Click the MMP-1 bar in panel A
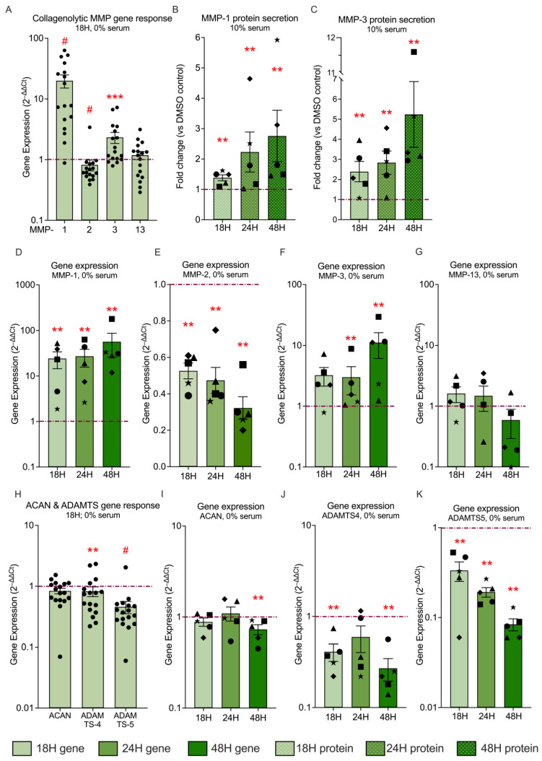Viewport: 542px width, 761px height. coord(64,150)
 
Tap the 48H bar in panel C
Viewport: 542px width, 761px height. coord(414,167)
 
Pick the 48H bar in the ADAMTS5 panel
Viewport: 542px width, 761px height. coord(513,666)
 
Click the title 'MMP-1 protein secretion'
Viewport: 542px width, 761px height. coord(250,18)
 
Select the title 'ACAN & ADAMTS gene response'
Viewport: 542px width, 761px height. coord(92,505)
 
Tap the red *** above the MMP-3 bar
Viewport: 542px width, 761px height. coord(115,97)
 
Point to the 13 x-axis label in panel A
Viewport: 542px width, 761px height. coord(140,230)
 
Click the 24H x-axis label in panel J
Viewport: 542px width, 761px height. coord(361,718)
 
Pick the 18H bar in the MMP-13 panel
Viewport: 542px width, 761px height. coord(456,430)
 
